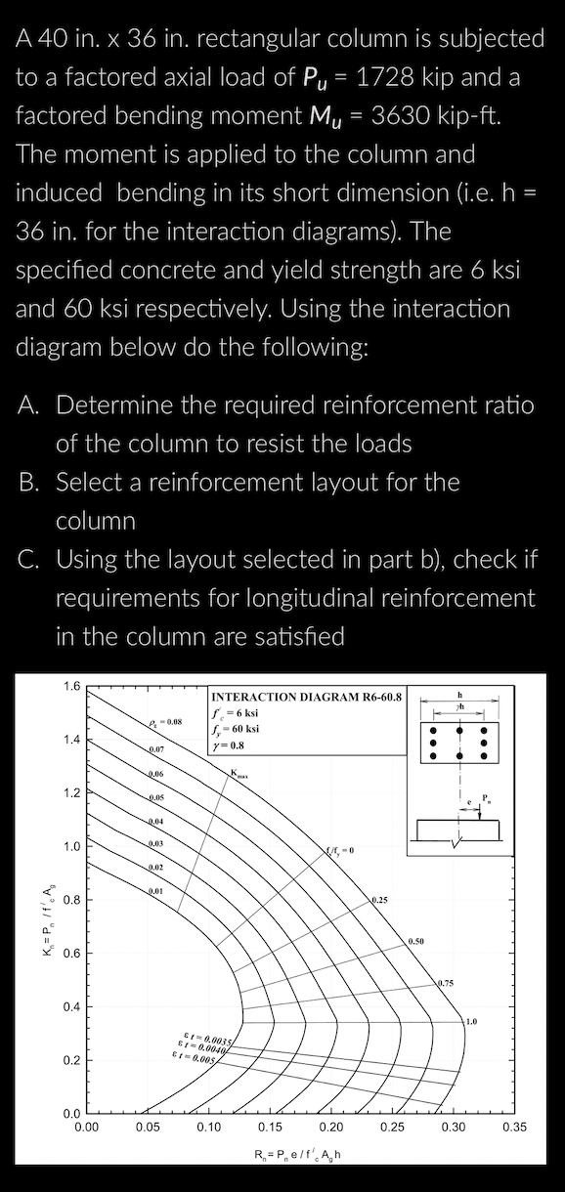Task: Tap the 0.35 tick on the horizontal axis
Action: (x=514, y=1127)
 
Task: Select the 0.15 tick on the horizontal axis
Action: (x=270, y=1127)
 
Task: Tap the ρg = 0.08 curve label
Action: (x=161, y=722)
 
